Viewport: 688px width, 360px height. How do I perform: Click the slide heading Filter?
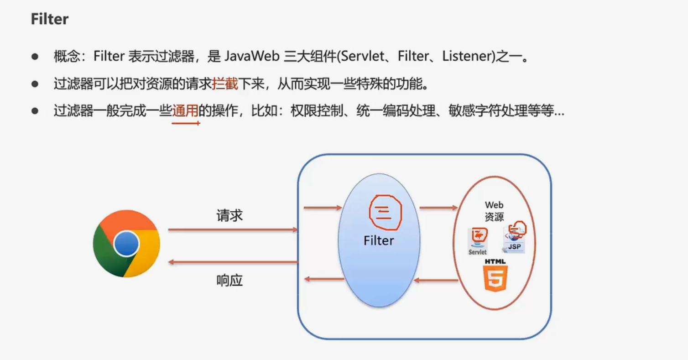click(x=50, y=19)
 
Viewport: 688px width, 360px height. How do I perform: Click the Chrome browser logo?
click(x=126, y=244)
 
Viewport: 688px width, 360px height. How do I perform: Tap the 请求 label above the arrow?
click(x=229, y=215)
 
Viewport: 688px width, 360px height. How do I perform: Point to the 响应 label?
click(x=229, y=280)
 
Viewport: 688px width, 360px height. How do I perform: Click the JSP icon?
click(x=515, y=237)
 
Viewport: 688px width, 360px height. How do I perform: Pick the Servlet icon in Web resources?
click(x=478, y=241)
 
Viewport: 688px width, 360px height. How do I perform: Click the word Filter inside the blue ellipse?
click(x=379, y=240)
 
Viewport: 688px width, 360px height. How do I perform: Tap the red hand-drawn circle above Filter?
click(x=384, y=212)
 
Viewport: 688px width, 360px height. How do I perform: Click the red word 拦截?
click(x=225, y=84)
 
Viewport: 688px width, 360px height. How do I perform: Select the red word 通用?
click(x=185, y=111)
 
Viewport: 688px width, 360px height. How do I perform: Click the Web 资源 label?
click(x=494, y=211)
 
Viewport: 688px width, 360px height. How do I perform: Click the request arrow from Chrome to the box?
click(x=233, y=230)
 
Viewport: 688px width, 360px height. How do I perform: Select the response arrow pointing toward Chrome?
click(x=233, y=262)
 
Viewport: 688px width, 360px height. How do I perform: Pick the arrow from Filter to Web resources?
click(x=438, y=208)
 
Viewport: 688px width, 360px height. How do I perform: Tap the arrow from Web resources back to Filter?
click(x=436, y=280)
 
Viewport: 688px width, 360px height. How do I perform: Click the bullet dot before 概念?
click(x=35, y=57)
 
